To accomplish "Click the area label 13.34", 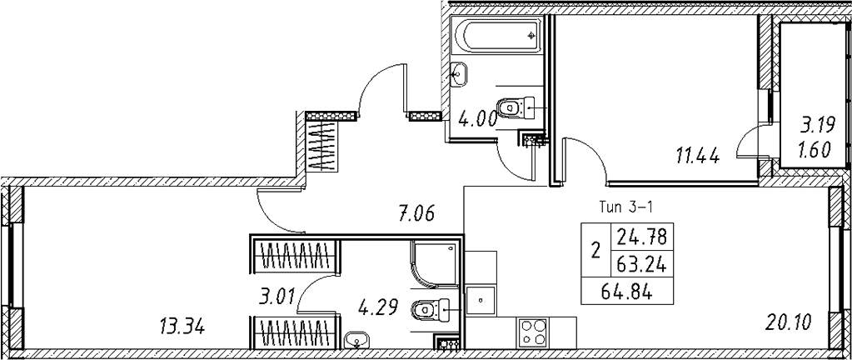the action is point(182,327).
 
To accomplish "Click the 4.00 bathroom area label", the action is point(477,118).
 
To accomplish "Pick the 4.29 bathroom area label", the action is point(378,307).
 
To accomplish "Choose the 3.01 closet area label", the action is point(277,297).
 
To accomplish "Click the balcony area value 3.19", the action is point(815,127).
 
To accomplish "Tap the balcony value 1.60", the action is point(815,149).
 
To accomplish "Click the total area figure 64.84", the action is point(627,293).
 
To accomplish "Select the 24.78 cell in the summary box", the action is point(642,237).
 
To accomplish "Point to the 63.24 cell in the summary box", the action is point(642,265).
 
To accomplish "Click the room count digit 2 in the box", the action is point(596,251).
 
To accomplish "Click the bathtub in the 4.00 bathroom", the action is point(497,36).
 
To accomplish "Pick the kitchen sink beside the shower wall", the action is point(481,298).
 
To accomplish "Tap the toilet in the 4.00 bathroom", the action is point(516,107).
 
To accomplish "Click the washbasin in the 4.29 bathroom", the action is point(356,340).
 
